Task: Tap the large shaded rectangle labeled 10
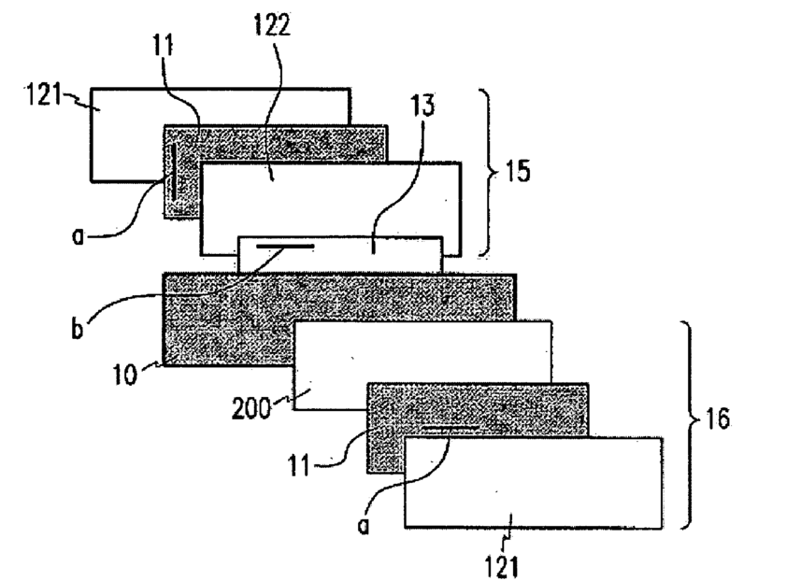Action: point(224,318)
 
